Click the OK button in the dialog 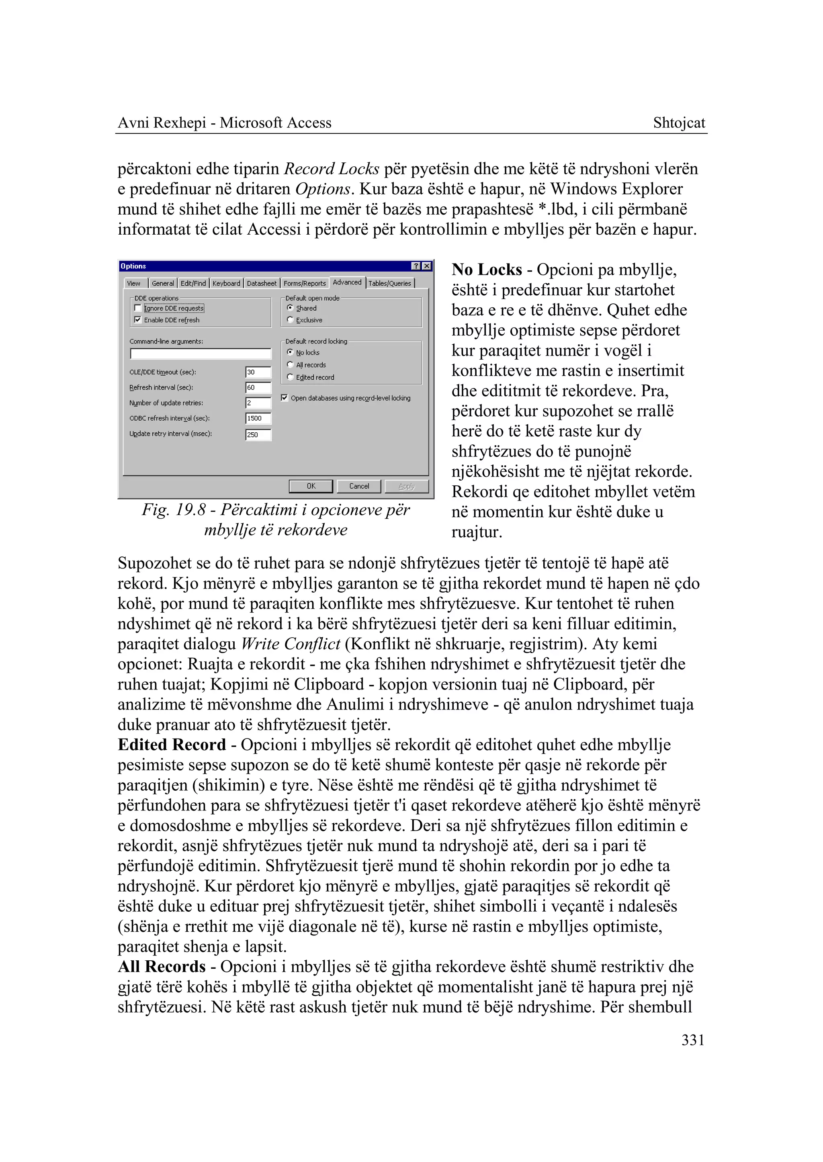pyautogui.click(x=311, y=486)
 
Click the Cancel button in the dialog pyautogui.click(x=359, y=486)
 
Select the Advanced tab pyautogui.click(x=347, y=282)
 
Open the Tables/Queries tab pyautogui.click(x=389, y=283)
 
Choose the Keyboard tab pyautogui.click(x=226, y=283)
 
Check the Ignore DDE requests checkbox pyautogui.click(x=137, y=308)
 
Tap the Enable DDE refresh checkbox pyautogui.click(x=137, y=320)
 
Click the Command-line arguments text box pyautogui.click(x=201, y=353)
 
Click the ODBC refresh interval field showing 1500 pyautogui.click(x=258, y=419)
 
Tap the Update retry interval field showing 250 pyautogui.click(x=258, y=435)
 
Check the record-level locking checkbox pyautogui.click(x=284, y=398)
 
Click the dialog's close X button pyautogui.click(x=427, y=266)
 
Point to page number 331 pyautogui.click(x=693, y=1040)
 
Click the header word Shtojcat pyautogui.click(x=679, y=123)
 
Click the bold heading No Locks pyautogui.click(x=487, y=270)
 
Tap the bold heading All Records pyautogui.click(x=162, y=966)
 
